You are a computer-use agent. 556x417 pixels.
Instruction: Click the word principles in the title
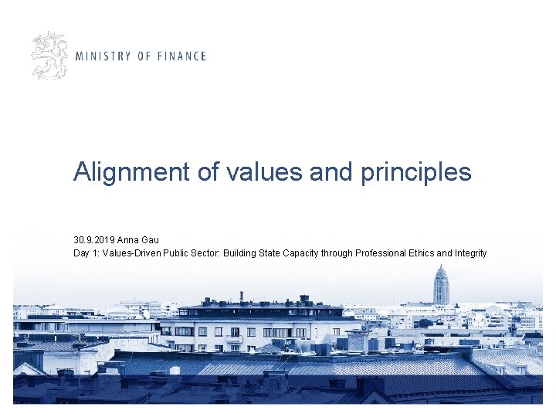pos(415,172)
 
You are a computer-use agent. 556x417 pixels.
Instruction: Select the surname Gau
pos(150,240)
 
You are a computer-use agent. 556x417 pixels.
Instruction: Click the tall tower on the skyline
pos(441,286)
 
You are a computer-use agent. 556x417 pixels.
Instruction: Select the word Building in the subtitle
pos(240,253)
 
